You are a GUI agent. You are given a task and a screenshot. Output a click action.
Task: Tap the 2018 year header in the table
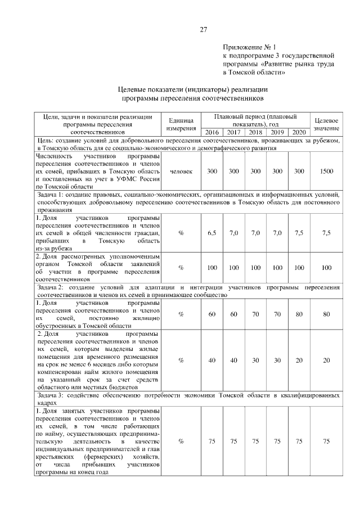point(255,132)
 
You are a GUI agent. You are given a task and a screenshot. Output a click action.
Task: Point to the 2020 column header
point(299,132)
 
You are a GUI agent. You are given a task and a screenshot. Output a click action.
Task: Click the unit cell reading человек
point(181,170)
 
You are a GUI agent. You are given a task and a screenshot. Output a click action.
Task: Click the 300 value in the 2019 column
point(277,170)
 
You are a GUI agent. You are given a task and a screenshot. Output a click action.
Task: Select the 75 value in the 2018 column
point(255,442)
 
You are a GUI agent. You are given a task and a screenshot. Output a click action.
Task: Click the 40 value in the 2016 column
point(211,361)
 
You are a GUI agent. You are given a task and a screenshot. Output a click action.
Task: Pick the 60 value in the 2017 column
point(233,314)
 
